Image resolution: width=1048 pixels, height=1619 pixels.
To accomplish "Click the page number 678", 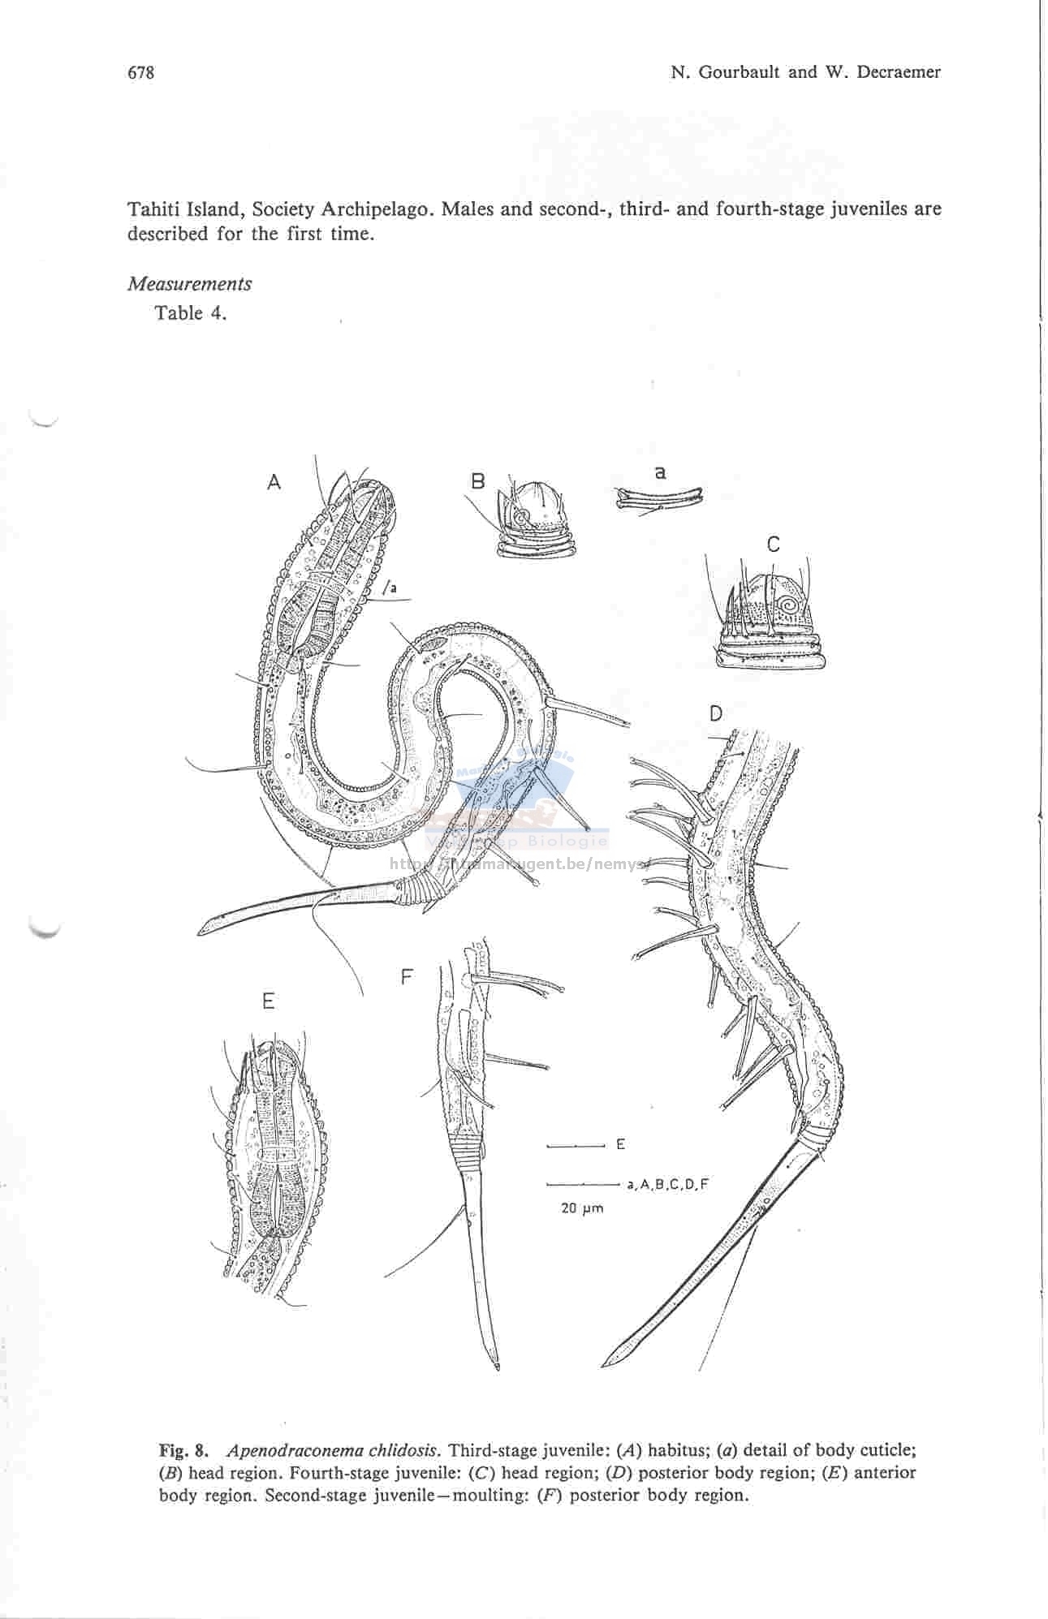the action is pos(140,72).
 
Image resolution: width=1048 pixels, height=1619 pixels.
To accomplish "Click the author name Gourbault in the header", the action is pos(744,72).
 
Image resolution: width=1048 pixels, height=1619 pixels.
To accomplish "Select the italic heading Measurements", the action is pos(189,284).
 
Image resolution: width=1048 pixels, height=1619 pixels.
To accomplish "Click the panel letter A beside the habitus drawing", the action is pos(274,482).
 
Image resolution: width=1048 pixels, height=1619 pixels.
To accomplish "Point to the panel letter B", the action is pos(477,481).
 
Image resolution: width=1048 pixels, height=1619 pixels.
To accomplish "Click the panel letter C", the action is pos(773,545).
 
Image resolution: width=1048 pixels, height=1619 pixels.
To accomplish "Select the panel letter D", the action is pos(715,713).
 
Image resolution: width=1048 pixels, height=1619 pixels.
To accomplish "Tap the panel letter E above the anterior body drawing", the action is pos(269,1002).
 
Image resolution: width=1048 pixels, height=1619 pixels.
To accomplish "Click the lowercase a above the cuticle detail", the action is pos(660,471).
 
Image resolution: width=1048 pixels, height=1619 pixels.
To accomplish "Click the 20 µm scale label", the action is pos(582,1208).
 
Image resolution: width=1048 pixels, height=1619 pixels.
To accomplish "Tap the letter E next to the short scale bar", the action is pos(620,1145).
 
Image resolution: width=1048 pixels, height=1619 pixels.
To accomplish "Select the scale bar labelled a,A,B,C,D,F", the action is pos(584,1184).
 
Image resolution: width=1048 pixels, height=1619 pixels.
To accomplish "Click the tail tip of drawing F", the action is pos(497,1370).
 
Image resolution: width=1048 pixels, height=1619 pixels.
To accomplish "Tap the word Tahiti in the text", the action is pos(154,209).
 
